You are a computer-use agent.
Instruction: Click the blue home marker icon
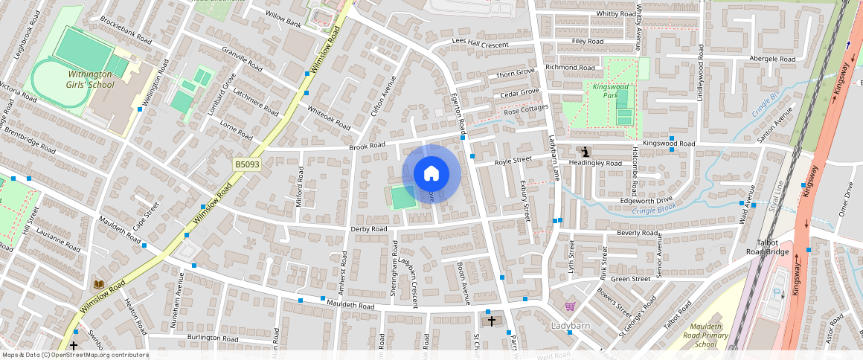[x=431, y=174]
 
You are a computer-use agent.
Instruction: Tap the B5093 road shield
[x=247, y=164]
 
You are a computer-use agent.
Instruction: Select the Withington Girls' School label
[x=91, y=80]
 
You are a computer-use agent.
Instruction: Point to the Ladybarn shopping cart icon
[x=570, y=306]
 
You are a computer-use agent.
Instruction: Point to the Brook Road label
[x=367, y=147]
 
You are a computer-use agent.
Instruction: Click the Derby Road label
[x=369, y=229]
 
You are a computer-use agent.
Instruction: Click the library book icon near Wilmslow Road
[x=97, y=284]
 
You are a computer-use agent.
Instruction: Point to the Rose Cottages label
[x=526, y=110]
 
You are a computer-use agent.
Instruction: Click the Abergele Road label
[x=772, y=59]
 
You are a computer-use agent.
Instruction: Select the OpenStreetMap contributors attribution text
[x=75, y=355]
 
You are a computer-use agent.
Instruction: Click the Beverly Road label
[x=635, y=233]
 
